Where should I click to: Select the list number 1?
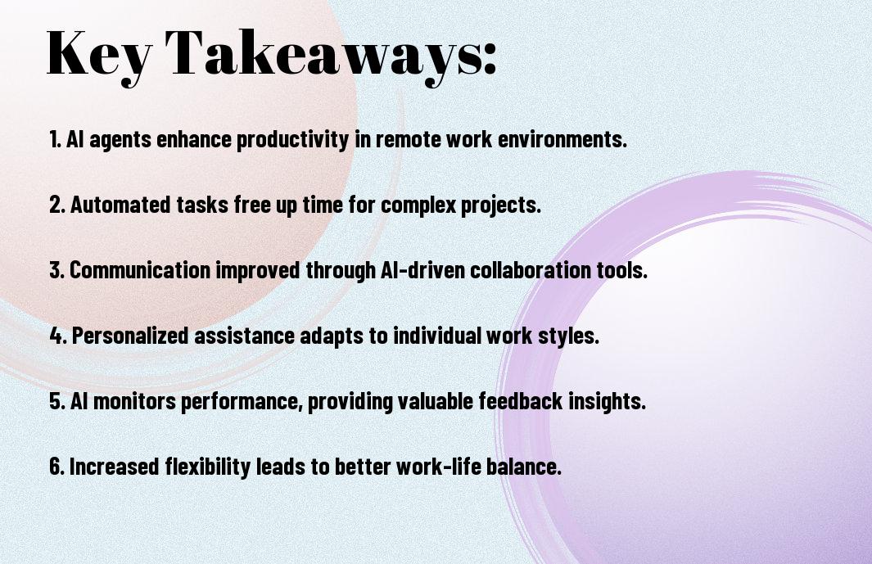pyautogui.click(x=55, y=139)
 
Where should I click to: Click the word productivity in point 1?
pyautogui.click(x=293, y=140)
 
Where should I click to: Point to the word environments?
pyautogui.click(x=563, y=139)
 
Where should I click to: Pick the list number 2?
pyautogui.click(x=57, y=205)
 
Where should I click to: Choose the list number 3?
pyautogui.click(x=57, y=270)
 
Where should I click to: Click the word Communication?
pyautogui.click(x=140, y=270)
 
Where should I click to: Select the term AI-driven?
pyautogui.click(x=422, y=270)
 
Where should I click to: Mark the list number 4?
pyautogui.click(x=58, y=336)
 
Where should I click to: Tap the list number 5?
pyautogui.click(x=57, y=401)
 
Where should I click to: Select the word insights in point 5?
pyautogui.click(x=607, y=402)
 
